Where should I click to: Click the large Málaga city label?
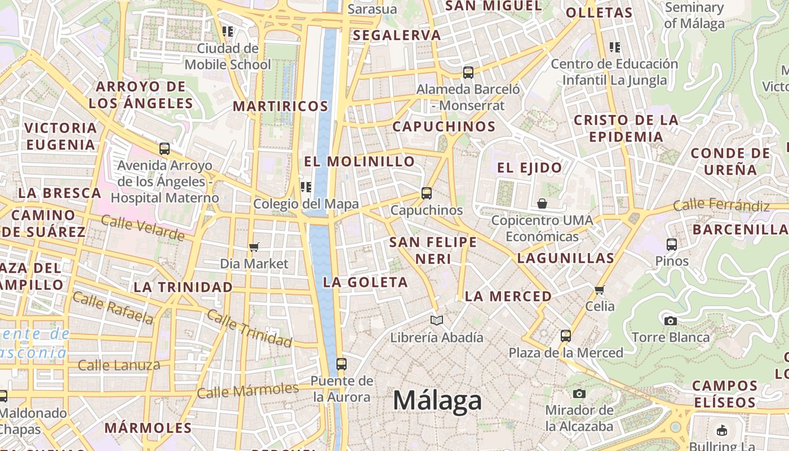coord(437,401)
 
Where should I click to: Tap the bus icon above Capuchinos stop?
coord(427,193)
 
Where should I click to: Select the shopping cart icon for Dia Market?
coord(254,247)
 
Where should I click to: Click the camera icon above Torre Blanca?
coord(670,321)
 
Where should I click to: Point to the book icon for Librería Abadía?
coord(437,321)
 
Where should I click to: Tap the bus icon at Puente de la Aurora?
coord(341,364)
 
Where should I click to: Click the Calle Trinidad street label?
coord(249,328)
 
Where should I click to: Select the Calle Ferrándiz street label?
coord(721,205)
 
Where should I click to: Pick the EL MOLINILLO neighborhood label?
coord(360,162)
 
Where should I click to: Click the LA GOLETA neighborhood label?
coord(365,282)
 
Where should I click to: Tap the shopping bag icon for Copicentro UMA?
coord(542,204)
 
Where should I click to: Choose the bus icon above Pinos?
coord(672,245)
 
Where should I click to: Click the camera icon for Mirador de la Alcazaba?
coord(579,393)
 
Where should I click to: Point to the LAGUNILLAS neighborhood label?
coord(565,259)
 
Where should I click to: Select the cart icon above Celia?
coord(599,290)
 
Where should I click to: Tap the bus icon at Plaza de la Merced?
coord(566,336)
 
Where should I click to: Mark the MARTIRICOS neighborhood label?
coord(280,106)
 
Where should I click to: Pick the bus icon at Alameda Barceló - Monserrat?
coord(468,72)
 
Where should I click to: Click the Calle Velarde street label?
coord(143,228)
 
